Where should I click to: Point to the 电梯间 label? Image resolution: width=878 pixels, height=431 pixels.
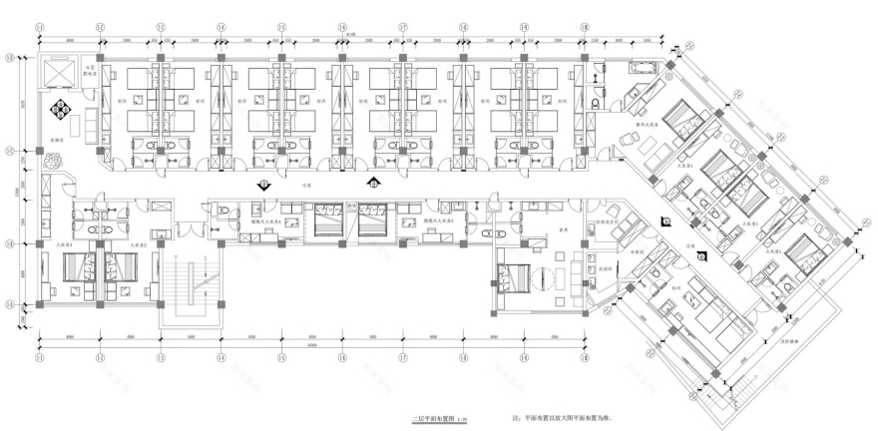[x=57, y=141]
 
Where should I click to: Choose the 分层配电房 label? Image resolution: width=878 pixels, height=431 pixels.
[x=92, y=71]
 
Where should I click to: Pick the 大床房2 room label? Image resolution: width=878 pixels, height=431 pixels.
[x=136, y=243]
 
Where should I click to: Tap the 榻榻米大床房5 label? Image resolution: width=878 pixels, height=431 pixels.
[x=437, y=220]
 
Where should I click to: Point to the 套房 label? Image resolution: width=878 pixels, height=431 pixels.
[x=562, y=228]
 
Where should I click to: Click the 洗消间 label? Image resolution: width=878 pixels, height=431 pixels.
[x=605, y=268]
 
